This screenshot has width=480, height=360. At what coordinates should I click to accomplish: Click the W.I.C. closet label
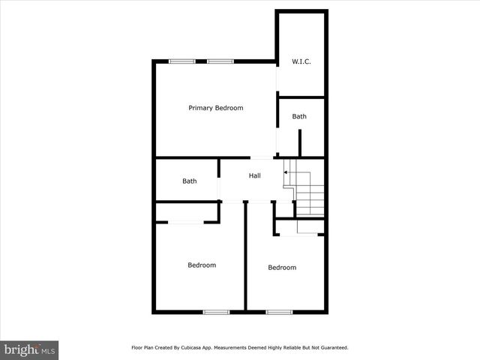pos(301,61)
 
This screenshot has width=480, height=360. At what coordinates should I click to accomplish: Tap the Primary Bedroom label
pos(215,108)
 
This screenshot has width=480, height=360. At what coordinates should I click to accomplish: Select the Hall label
pos(255,175)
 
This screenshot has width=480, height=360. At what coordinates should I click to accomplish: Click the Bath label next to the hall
pos(189,181)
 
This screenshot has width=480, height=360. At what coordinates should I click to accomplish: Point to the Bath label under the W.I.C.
pos(299,116)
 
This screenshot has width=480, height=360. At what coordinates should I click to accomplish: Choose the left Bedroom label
pos(202,265)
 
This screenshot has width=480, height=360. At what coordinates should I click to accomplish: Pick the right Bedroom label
pos(282,268)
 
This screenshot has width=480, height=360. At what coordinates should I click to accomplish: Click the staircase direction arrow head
pos(285,172)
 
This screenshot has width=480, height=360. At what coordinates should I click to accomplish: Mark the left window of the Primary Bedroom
pos(178,61)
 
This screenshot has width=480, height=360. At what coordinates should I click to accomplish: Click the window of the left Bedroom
pos(216,311)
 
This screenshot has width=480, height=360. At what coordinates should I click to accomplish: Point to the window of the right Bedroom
pos(278,311)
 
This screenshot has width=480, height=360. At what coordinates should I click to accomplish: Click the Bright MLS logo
pos(29,349)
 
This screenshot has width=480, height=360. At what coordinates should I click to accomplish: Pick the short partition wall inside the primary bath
pos(300,142)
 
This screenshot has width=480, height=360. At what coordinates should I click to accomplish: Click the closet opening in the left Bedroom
pos(184,221)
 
